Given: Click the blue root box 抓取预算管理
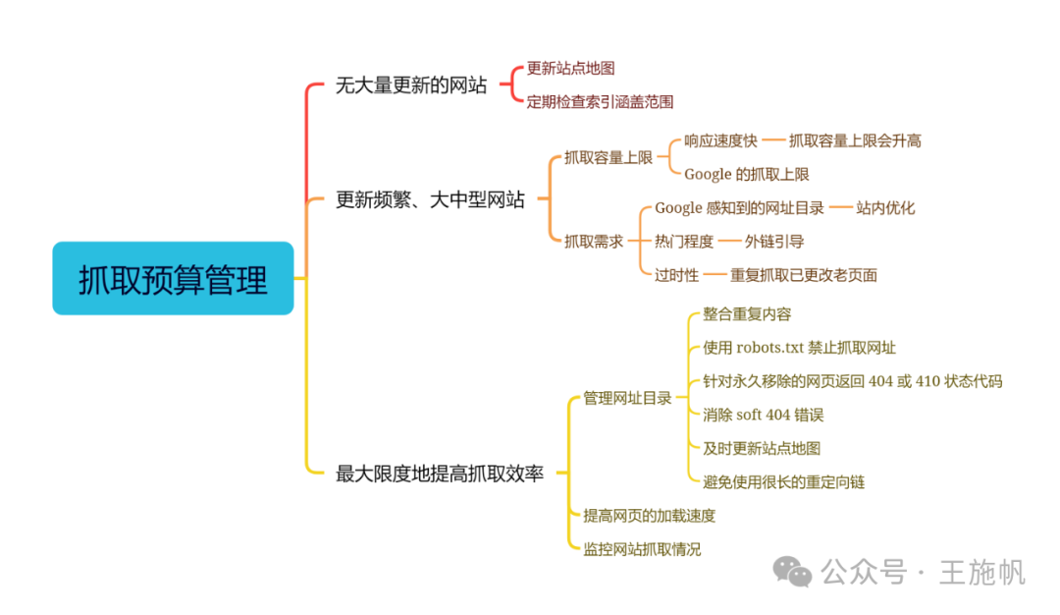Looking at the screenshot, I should (x=173, y=279).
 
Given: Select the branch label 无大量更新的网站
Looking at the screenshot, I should (x=410, y=85).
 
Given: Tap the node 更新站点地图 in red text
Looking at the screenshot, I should (x=570, y=69).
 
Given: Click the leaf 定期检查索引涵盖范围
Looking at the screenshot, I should (x=600, y=101).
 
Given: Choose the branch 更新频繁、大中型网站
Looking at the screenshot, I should (x=430, y=200).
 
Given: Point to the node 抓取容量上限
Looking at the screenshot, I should (x=608, y=157).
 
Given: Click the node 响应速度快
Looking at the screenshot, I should (x=720, y=140).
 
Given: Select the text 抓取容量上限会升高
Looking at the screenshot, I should (x=855, y=140).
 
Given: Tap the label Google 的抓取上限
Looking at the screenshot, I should (x=746, y=174).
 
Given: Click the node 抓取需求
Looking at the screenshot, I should (x=593, y=241).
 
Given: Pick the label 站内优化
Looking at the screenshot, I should (x=885, y=208).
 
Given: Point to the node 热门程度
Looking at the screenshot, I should (x=684, y=241).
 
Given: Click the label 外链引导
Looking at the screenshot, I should (x=774, y=241).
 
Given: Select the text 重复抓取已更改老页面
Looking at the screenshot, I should (x=803, y=275).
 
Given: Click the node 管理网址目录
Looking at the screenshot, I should (x=627, y=398).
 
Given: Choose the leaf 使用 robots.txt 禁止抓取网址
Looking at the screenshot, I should (x=799, y=348).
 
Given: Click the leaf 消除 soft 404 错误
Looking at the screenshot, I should (x=763, y=415).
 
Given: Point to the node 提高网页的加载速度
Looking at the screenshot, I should (x=649, y=516).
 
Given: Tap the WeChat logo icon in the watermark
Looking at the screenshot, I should (x=792, y=571).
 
